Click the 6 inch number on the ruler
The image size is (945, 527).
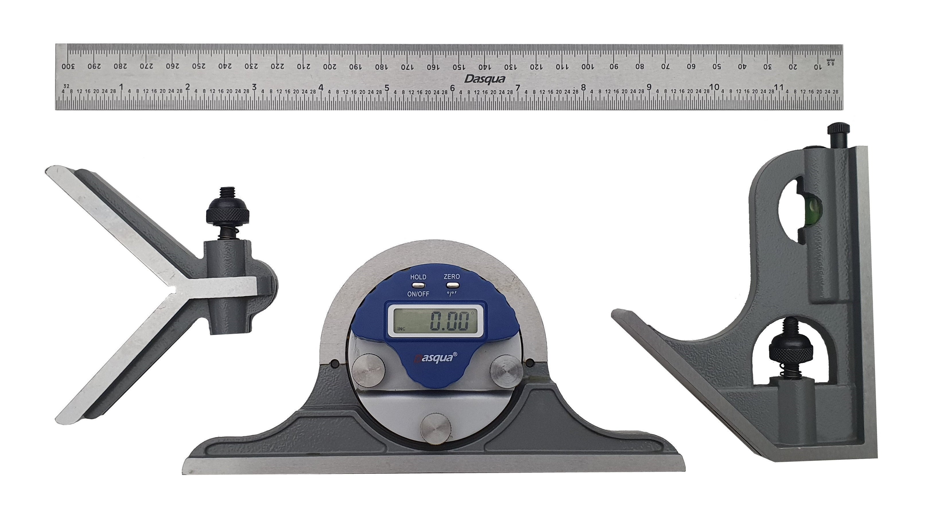click(x=452, y=88)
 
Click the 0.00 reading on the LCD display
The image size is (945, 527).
click(x=449, y=321)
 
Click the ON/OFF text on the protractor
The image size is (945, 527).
click(x=418, y=294)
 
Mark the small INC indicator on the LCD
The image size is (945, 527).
click(x=401, y=328)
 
